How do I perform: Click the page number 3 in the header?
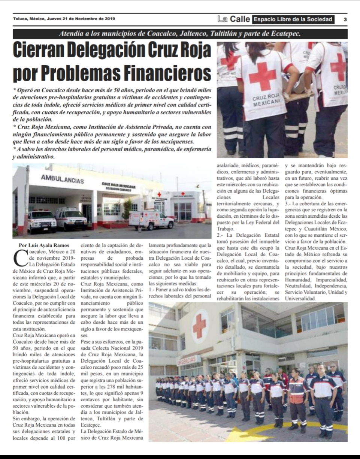click(x=345, y=19)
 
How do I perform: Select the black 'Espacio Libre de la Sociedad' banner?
click(x=293, y=19)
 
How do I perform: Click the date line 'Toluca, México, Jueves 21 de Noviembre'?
click(x=64, y=19)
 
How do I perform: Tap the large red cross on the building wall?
click(x=199, y=326)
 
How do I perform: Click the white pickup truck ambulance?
click(x=151, y=219)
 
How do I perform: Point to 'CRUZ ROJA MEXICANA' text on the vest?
click(x=266, y=100)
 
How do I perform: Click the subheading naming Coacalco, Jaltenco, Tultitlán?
click(x=180, y=34)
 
